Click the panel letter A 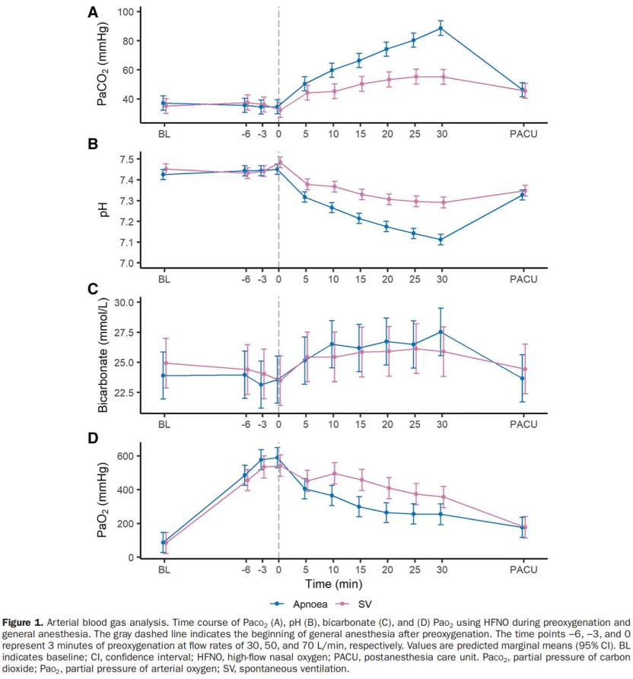93,12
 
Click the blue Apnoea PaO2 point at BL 164,542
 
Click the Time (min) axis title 332,585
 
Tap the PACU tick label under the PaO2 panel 523,570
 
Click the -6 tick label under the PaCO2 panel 245,135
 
